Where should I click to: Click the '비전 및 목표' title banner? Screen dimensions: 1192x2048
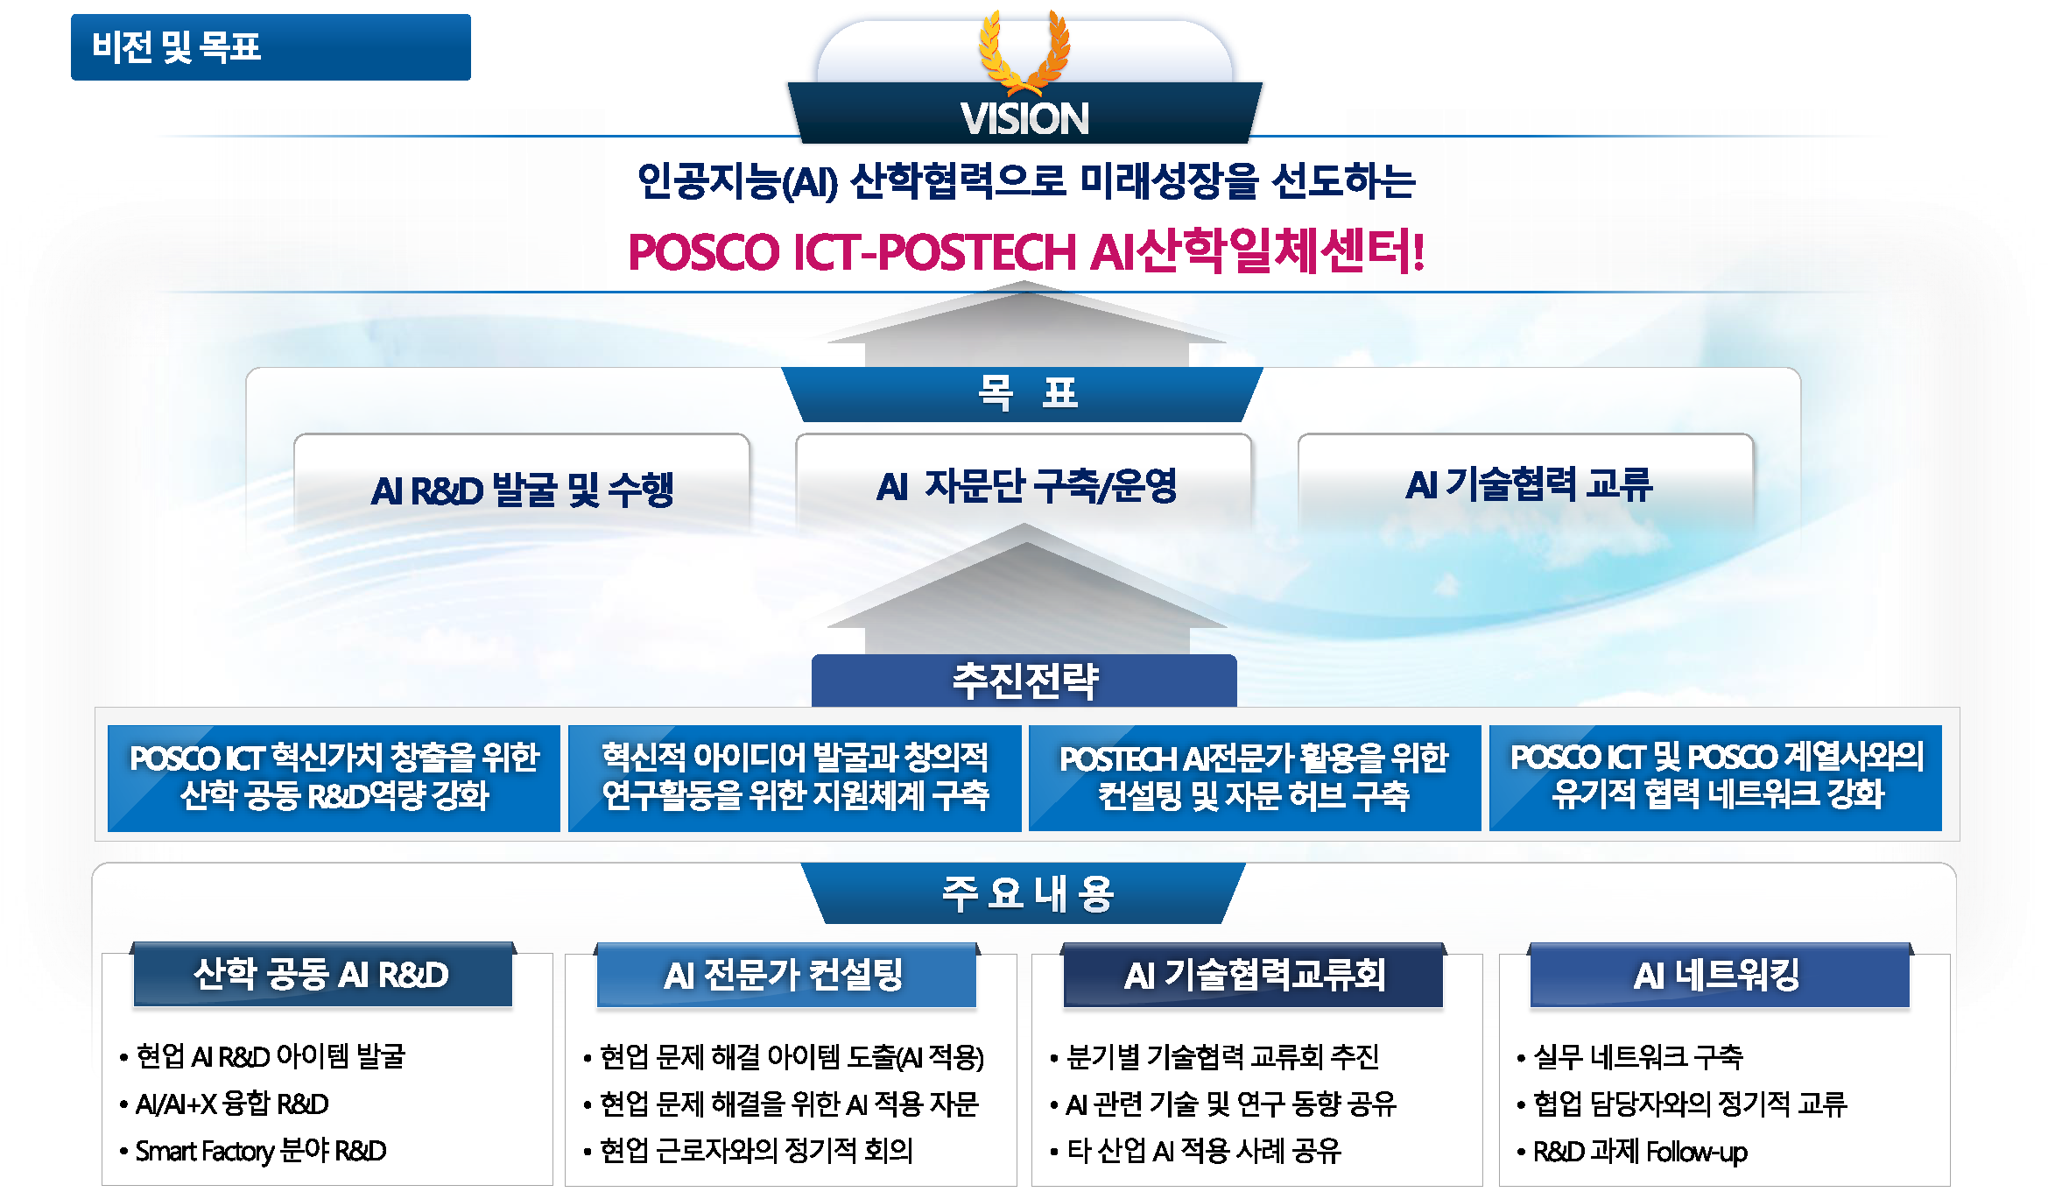click(270, 47)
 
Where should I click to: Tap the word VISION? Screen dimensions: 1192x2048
click(1024, 118)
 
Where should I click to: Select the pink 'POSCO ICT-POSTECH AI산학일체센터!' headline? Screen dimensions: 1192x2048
click(1026, 251)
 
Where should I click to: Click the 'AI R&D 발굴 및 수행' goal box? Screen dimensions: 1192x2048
click(522, 488)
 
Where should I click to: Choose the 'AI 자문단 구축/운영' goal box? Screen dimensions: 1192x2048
click(1025, 485)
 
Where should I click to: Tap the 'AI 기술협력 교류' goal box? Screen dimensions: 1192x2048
click(1528, 484)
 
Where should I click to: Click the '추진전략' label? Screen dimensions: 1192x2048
click(1024, 681)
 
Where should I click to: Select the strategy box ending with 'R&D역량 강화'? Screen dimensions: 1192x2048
click(334, 777)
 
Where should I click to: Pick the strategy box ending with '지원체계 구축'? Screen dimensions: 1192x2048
click(794, 777)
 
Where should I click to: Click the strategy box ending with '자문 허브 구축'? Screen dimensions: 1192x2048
click(1254, 777)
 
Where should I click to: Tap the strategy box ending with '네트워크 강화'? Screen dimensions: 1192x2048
click(1715, 777)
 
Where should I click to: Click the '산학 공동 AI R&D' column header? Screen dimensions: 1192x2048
click(321, 974)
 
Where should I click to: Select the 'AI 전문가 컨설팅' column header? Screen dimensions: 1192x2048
click(785, 974)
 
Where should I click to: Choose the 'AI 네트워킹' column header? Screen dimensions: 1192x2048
click(1718, 974)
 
